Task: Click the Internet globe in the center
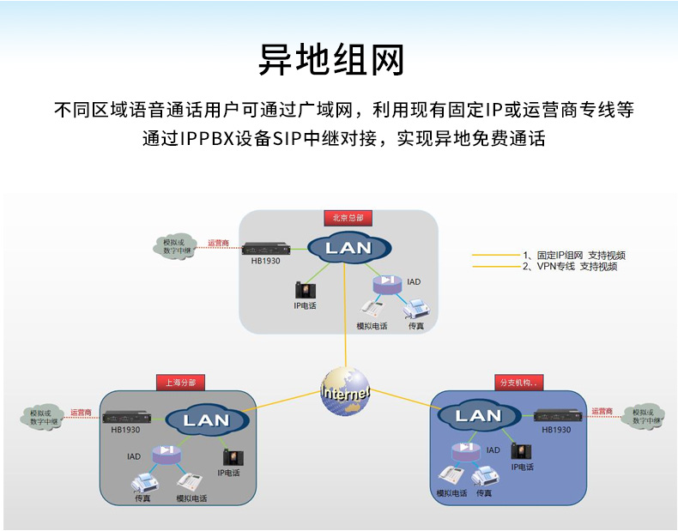(x=346, y=393)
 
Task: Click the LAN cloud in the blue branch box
(x=478, y=416)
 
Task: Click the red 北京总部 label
(x=348, y=218)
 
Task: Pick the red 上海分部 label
(x=180, y=383)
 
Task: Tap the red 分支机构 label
(x=520, y=383)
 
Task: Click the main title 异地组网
(x=331, y=60)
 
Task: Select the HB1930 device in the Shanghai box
(x=126, y=418)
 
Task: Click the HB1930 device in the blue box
(x=559, y=416)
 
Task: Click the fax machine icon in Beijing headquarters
(x=416, y=311)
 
